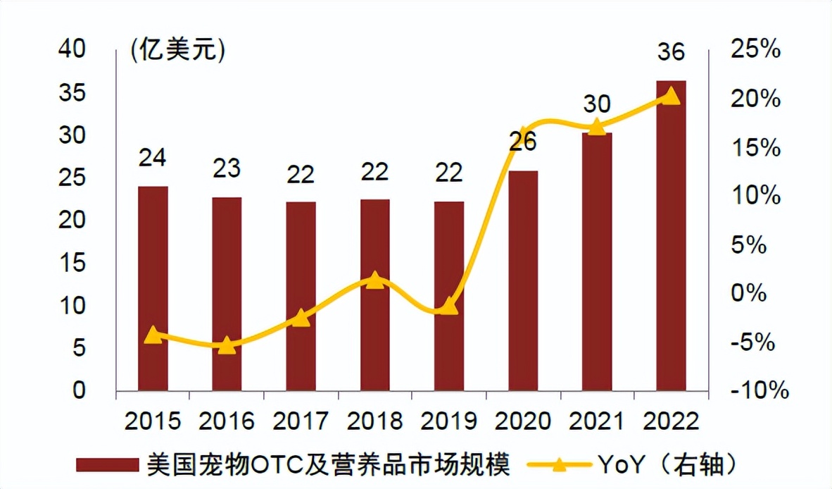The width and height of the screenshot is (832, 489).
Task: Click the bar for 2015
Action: coord(153,288)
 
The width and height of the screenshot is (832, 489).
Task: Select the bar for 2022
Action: coord(671,235)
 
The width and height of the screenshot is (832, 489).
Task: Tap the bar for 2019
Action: coord(449,296)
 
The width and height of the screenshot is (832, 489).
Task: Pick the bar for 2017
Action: coord(301,296)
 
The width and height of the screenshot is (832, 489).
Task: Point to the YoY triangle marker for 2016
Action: coord(227,345)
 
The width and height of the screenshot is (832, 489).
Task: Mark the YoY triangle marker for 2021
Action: coord(597,127)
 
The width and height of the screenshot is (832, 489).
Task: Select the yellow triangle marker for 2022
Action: coord(671,96)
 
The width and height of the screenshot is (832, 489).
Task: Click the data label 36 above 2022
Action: coord(671,54)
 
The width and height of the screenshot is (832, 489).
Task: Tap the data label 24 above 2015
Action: coord(153,158)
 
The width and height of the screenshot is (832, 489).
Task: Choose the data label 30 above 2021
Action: coord(597,105)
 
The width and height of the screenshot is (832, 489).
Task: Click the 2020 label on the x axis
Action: coord(523,421)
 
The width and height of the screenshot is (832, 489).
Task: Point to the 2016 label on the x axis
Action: coord(227,421)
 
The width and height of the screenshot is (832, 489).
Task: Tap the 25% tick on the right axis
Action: coord(755,50)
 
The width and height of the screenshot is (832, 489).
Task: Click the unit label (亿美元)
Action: coord(177,51)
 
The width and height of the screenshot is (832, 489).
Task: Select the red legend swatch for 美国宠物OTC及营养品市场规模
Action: coord(107,465)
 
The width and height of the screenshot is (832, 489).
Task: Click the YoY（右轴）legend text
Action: coord(668,465)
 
